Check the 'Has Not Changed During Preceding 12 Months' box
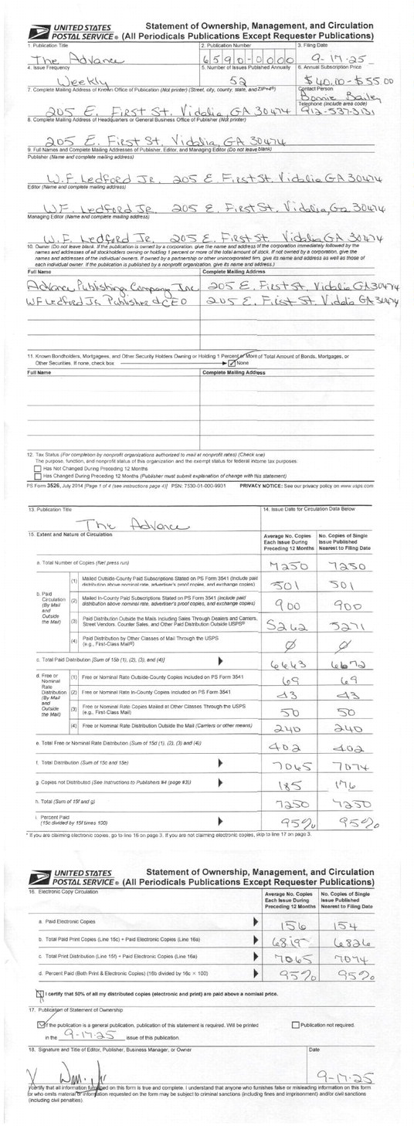click(38, 468)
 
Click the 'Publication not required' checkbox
click(295, 1025)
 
